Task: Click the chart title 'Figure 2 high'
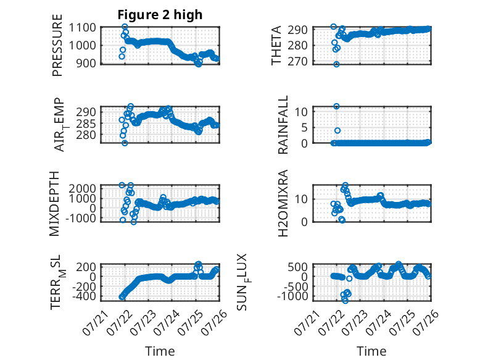tap(160, 15)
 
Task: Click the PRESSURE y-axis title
tap(57, 45)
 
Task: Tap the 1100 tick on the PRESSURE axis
tap(82, 28)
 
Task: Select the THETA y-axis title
tap(276, 45)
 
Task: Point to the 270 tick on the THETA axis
tap(297, 61)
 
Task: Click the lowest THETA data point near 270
tap(336, 64)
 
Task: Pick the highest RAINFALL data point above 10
tap(336, 106)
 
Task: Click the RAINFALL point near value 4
tap(337, 130)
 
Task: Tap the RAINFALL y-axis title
tap(283, 124)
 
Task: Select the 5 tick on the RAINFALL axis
tap(304, 127)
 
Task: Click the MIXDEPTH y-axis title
tap(54, 203)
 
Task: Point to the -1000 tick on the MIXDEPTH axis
tap(81, 219)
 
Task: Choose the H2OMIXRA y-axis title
tap(283, 203)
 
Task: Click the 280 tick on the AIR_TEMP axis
tap(86, 135)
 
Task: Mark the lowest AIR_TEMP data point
tap(125, 143)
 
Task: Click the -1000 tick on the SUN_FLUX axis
tap(292, 296)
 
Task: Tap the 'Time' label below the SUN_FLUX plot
tap(371, 351)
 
